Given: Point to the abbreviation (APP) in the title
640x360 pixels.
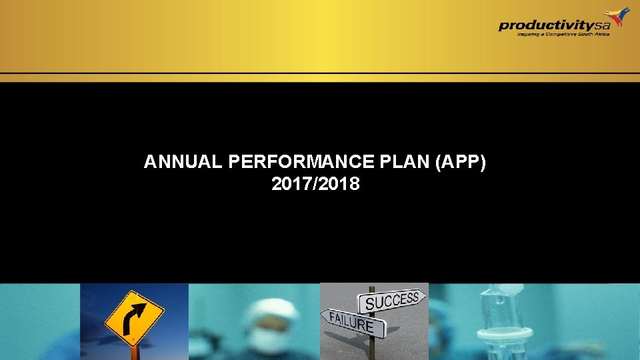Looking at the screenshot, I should pos(461,162).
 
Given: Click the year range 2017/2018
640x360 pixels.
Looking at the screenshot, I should pos(315,184).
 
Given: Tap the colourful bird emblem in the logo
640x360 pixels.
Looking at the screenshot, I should pos(617,17).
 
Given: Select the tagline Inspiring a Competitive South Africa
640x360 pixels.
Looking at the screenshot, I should pos(563,35).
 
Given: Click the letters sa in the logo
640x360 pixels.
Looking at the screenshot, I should pos(603,25).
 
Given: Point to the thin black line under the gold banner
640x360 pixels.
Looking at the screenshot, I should pos(320,73).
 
